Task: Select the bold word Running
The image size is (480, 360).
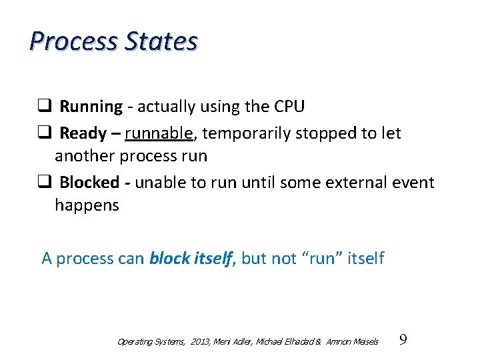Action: click(91, 107)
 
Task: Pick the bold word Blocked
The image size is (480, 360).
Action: click(88, 183)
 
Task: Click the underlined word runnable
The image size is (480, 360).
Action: click(159, 133)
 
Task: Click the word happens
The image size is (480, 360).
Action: click(87, 205)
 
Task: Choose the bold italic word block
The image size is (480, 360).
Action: click(169, 258)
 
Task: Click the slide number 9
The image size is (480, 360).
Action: click(403, 341)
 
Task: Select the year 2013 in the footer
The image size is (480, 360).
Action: click(199, 342)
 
